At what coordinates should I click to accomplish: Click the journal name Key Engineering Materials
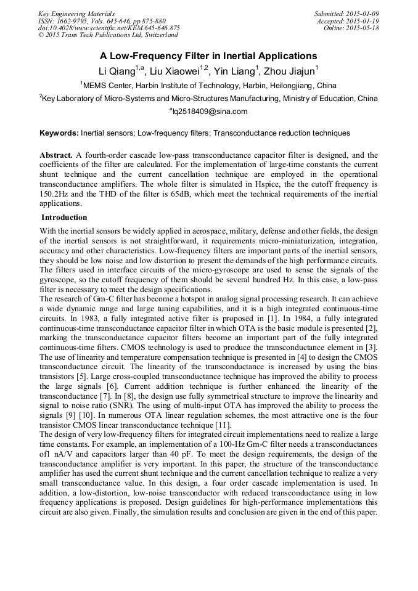[76, 14]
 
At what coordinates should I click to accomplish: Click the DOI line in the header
[109, 28]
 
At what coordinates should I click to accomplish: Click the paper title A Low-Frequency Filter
[209, 55]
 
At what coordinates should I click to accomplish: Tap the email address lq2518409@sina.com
[209, 112]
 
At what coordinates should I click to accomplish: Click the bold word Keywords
[59, 132]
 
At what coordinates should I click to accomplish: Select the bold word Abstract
[57, 155]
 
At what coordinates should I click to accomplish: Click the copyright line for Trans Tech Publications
[108, 35]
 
